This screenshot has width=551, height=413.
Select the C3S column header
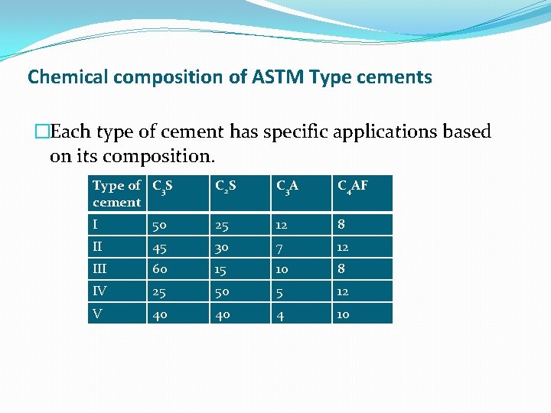pyautogui.click(x=162, y=186)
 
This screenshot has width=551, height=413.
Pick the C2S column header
pyautogui.click(x=225, y=186)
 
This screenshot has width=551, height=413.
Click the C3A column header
pyautogui.click(x=287, y=186)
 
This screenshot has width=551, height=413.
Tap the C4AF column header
pyautogui.click(x=353, y=186)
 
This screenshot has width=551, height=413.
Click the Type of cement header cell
pyautogui.click(x=116, y=193)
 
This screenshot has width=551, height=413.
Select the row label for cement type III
pyautogui.click(x=100, y=269)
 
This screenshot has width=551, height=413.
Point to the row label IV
pyautogui.click(x=100, y=291)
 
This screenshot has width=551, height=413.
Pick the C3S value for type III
pyautogui.click(x=160, y=269)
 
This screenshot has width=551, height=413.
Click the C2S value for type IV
pyautogui.click(x=223, y=291)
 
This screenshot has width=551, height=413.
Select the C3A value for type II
pyautogui.click(x=280, y=247)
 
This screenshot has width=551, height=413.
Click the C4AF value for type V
pyautogui.click(x=343, y=314)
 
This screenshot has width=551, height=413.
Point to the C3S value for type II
pyautogui.click(x=160, y=247)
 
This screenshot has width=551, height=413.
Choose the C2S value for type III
pyautogui.click(x=221, y=269)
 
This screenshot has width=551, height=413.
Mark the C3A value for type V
pyautogui.click(x=281, y=314)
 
